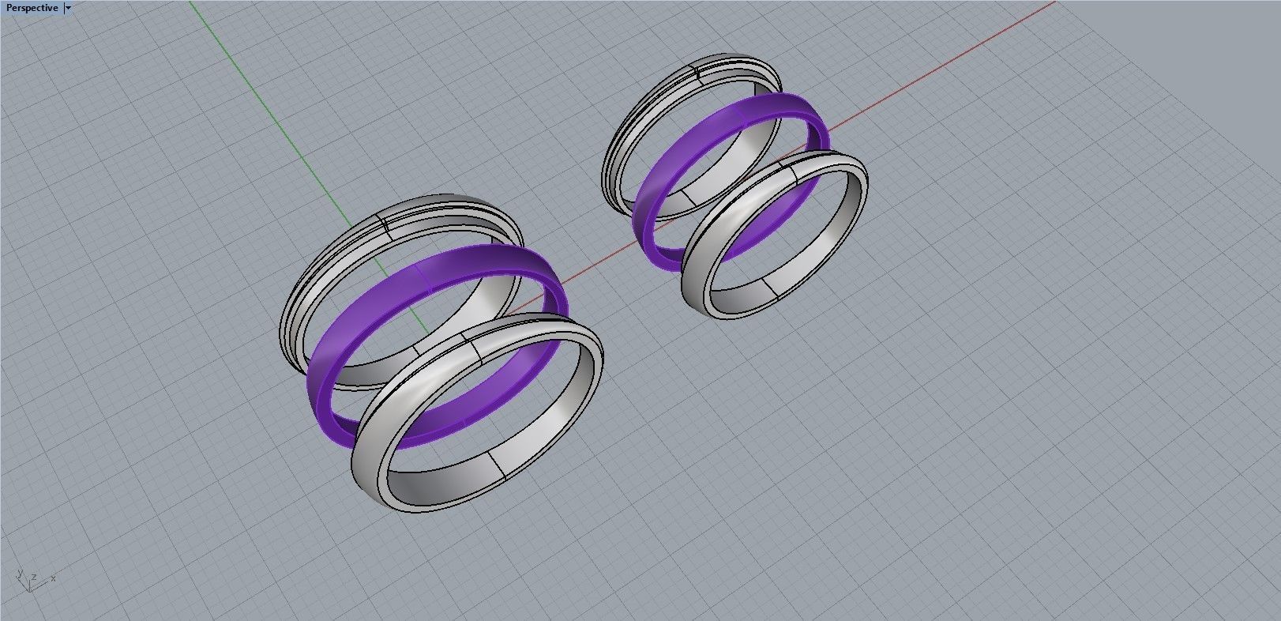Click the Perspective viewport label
tap(32, 8)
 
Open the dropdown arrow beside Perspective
tap(69, 8)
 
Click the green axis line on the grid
tap(261, 95)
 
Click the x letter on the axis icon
tap(53, 578)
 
